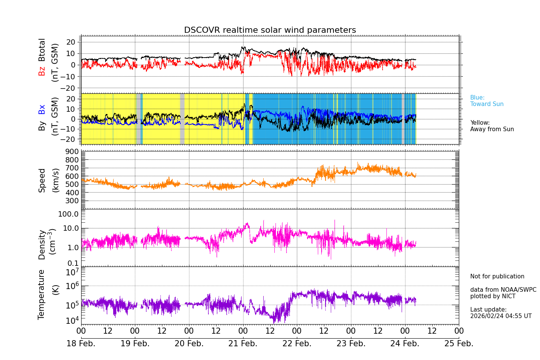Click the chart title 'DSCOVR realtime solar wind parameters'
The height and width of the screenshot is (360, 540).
pos(270,30)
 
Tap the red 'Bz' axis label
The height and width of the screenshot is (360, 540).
pos(42,71)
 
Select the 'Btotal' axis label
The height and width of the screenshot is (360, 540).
pos(42,50)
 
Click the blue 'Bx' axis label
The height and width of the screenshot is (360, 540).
pos(42,109)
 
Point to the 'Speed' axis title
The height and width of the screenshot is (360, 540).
pos(42,180)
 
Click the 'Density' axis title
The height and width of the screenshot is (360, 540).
pos(42,244)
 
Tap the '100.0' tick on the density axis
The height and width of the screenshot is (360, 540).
pos(69,214)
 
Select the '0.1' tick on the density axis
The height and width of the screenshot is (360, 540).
pos(73,263)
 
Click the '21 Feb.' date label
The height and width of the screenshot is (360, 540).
pos(243,344)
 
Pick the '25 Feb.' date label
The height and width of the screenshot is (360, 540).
pos(459,344)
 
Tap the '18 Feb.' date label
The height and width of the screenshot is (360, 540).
pos(81,344)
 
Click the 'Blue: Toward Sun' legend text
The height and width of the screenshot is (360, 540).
pos(487,101)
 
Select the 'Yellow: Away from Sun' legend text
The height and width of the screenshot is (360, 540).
pos(492,126)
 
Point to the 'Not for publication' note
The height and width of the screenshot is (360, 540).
pos(497,276)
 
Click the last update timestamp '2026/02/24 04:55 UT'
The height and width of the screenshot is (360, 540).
pos(501,316)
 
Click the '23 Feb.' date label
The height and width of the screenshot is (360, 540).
pos(351,344)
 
